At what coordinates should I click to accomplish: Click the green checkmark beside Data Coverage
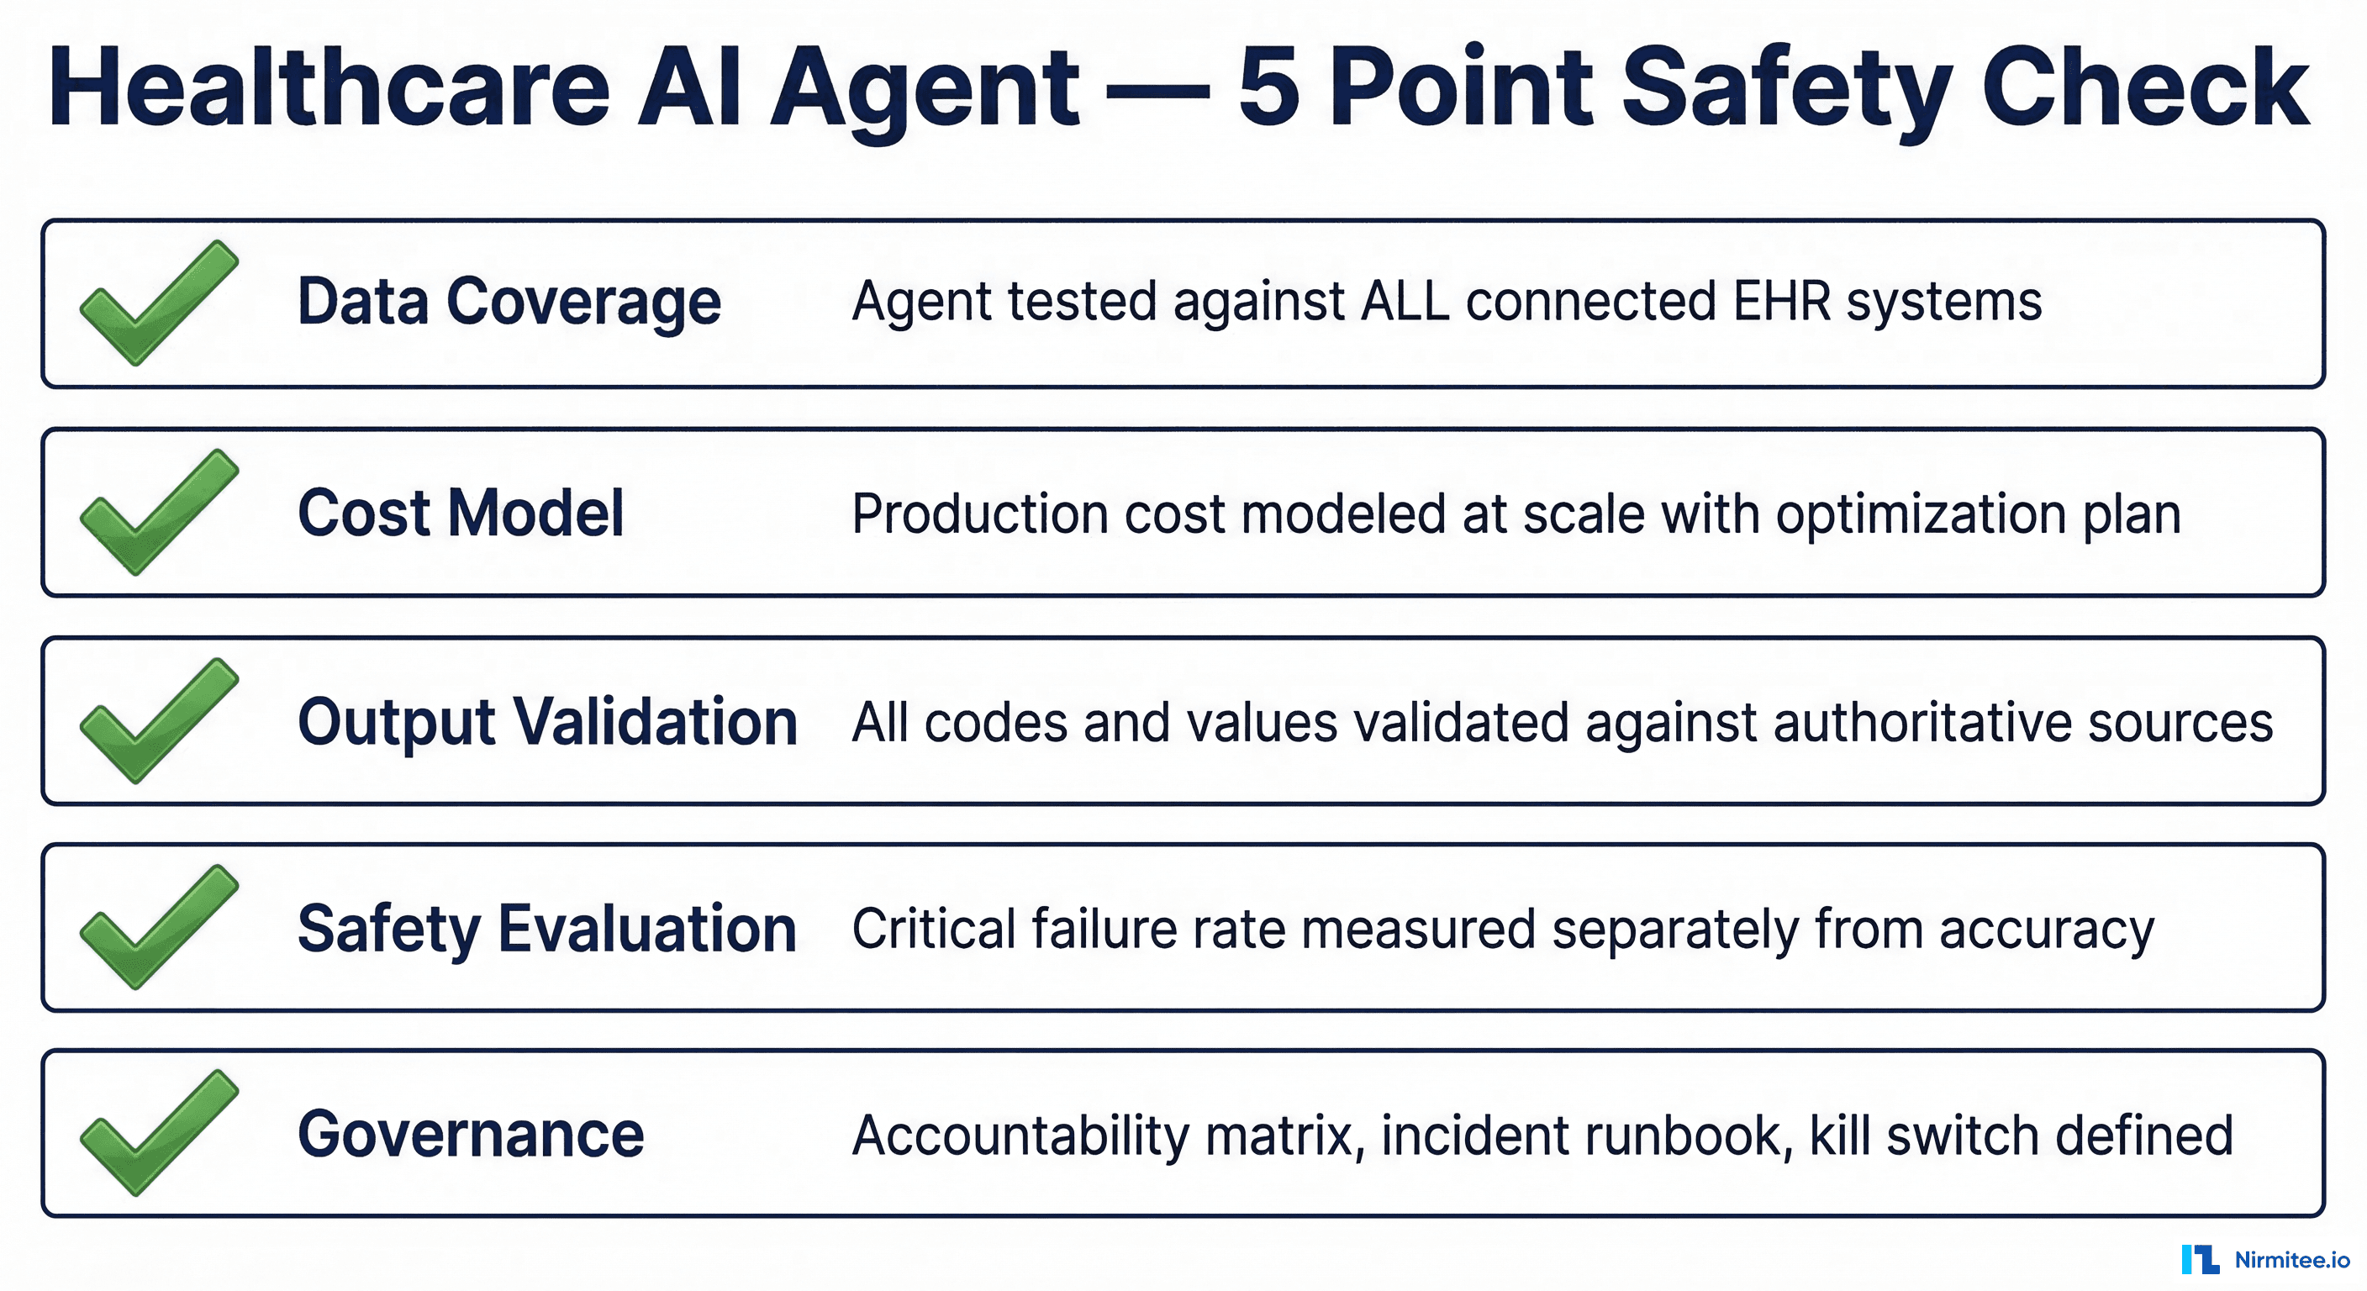tap(156, 303)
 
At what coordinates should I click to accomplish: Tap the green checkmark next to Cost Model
tap(156, 513)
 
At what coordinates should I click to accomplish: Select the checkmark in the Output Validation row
tap(156, 721)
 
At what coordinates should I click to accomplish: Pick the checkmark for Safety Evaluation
tap(156, 928)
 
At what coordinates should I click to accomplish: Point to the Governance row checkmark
tap(156, 1134)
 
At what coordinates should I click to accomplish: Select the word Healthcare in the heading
tap(329, 87)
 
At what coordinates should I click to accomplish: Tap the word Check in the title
tap(2144, 87)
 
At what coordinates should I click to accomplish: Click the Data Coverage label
tap(509, 302)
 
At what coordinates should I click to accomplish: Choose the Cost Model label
tap(461, 512)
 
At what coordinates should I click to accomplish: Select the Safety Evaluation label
tap(546, 928)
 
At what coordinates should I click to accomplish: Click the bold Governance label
tap(471, 1134)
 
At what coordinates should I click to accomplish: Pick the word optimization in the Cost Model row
tap(1921, 513)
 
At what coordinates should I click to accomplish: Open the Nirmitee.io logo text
tap(2291, 1260)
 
